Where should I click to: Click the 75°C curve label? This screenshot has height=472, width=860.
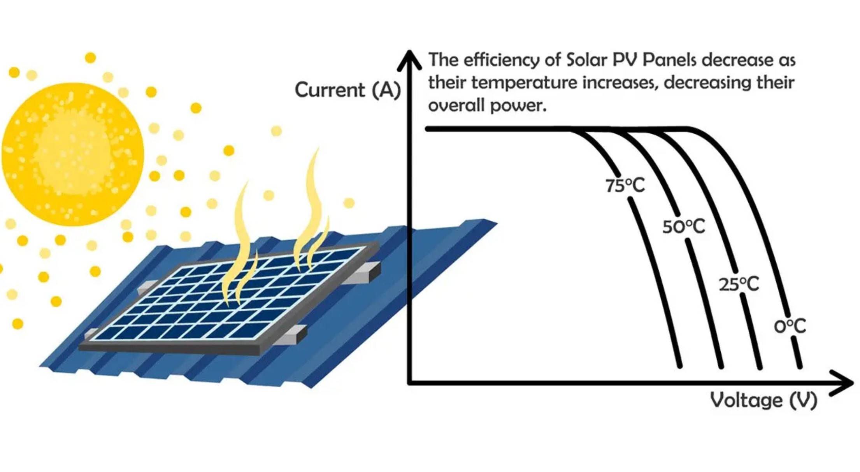pyautogui.click(x=625, y=185)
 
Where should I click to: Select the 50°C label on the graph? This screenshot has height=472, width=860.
pyautogui.click(x=684, y=227)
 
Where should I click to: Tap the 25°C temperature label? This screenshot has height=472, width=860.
pyautogui.click(x=739, y=285)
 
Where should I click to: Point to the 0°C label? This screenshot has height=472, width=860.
pyautogui.click(x=790, y=326)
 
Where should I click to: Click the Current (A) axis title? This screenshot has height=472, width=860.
pyautogui.click(x=348, y=90)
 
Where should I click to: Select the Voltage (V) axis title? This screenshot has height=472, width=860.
pyautogui.click(x=763, y=400)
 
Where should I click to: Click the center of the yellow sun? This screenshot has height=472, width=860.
pyautogui.click(x=73, y=154)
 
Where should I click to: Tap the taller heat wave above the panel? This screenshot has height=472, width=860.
pyautogui.click(x=311, y=210)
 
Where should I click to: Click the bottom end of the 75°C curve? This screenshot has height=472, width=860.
pyautogui.click(x=680, y=365)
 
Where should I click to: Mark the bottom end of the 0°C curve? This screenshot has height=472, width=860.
pyautogui.click(x=800, y=366)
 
